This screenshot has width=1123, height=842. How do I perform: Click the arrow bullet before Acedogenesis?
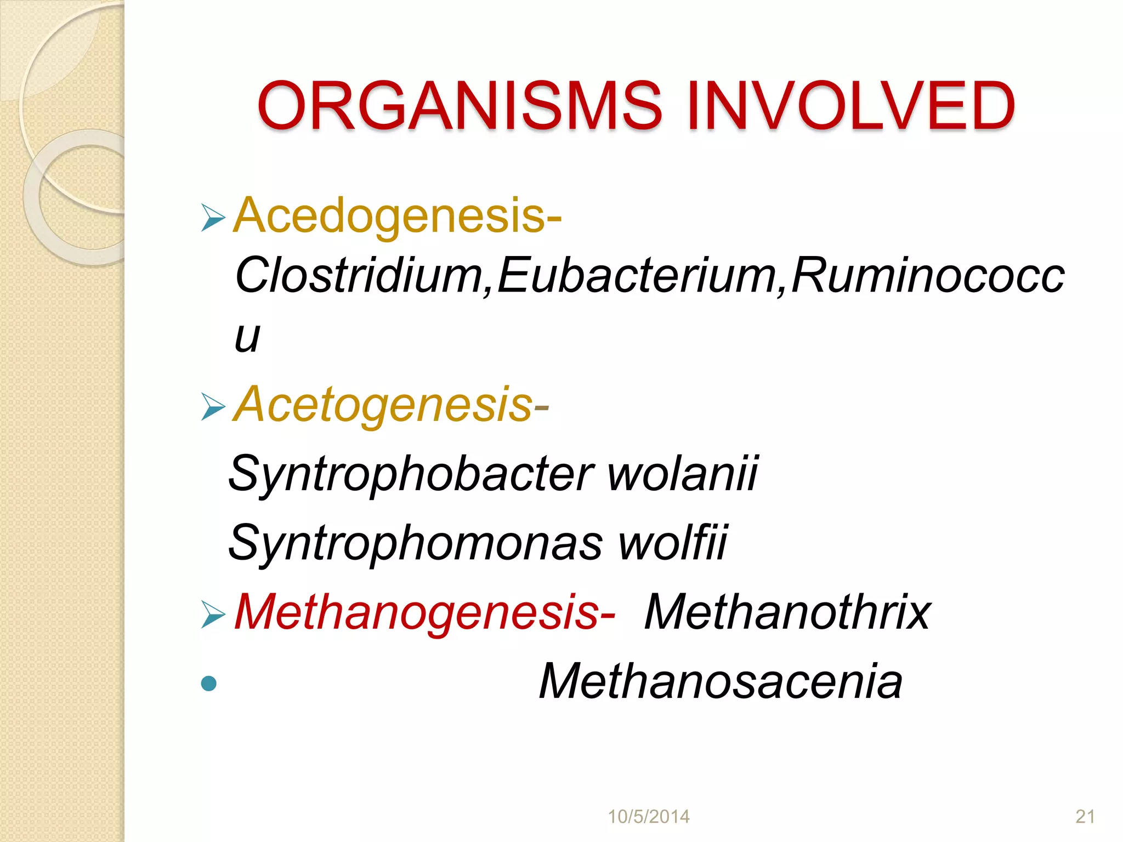[x=213, y=217]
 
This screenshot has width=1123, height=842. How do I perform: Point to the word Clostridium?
[x=359, y=275]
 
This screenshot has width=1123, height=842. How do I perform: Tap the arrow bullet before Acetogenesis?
[x=213, y=407]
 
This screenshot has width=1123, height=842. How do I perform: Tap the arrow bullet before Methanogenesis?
[x=213, y=614]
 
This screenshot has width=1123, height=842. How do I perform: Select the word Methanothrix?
[x=787, y=612]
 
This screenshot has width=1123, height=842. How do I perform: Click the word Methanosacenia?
[x=721, y=681]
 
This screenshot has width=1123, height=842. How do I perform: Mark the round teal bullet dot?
[x=209, y=683]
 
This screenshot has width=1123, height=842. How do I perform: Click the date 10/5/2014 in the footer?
[x=649, y=816]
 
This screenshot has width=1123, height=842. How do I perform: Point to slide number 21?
[x=1085, y=816]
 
